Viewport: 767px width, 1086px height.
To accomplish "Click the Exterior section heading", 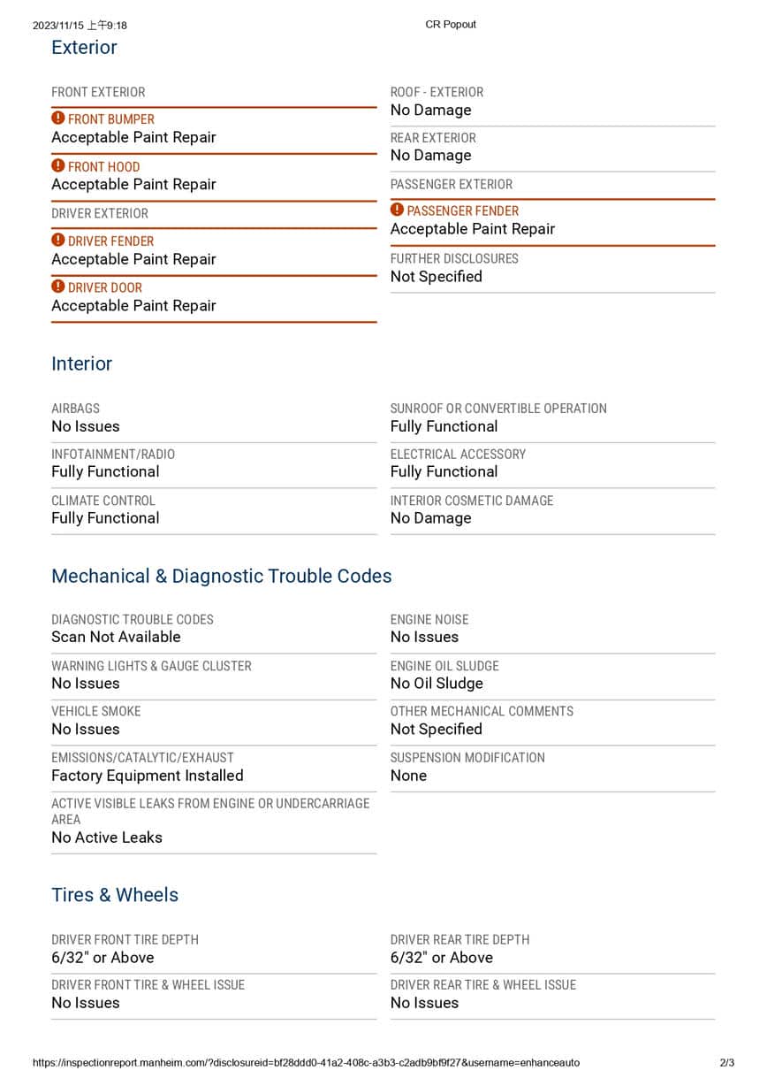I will [84, 48].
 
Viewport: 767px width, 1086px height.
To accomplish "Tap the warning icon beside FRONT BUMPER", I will [58, 119].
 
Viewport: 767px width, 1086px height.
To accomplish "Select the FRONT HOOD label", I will [103, 166].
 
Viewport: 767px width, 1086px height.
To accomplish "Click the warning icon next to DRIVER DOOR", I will [58, 287].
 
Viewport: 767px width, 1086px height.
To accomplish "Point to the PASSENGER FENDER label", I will [462, 210].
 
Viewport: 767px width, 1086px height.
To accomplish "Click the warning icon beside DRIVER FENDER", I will [58, 241].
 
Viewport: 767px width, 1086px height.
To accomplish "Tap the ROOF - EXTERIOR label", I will [437, 92].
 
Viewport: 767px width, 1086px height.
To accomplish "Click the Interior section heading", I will [81, 363].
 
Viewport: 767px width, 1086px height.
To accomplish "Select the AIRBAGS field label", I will [75, 409].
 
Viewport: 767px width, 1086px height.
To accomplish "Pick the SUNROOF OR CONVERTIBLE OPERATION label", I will [498, 409].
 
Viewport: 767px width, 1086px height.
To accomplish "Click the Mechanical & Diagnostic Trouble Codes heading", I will [221, 576].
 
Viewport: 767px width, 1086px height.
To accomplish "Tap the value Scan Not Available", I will [116, 637].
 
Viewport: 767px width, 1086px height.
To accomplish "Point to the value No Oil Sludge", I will [437, 684].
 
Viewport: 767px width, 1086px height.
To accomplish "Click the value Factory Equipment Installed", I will [147, 776].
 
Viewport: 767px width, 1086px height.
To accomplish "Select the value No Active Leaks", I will [107, 837].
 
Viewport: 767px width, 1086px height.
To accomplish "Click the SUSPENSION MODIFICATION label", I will [467, 758].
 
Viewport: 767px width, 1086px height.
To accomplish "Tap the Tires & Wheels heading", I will [115, 895].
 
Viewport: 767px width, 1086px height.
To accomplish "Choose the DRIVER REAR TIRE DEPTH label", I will [459, 940].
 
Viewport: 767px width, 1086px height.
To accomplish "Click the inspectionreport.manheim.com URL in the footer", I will [306, 1063].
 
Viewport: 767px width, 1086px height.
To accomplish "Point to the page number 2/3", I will [726, 1063].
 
